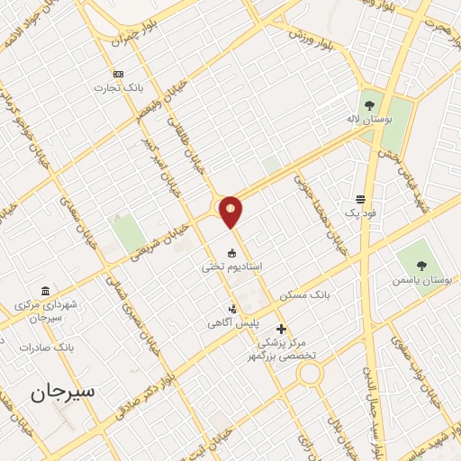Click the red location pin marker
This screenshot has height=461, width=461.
click(x=231, y=212)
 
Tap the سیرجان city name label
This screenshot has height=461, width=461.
click(x=62, y=393)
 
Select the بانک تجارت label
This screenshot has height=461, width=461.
click(x=118, y=88)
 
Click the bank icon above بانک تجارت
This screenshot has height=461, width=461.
click(x=118, y=74)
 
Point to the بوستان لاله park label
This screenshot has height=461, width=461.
click(x=367, y=117)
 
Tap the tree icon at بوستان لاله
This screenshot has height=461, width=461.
click(x=368, y=101)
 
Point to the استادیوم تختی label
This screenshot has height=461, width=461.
click(x=231, y=267)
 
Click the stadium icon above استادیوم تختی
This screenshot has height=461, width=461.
click(x=231, y=252)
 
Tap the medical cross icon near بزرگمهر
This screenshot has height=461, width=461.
click(x=281, y=330)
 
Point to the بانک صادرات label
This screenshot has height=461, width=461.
click(x=50, y=346)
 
